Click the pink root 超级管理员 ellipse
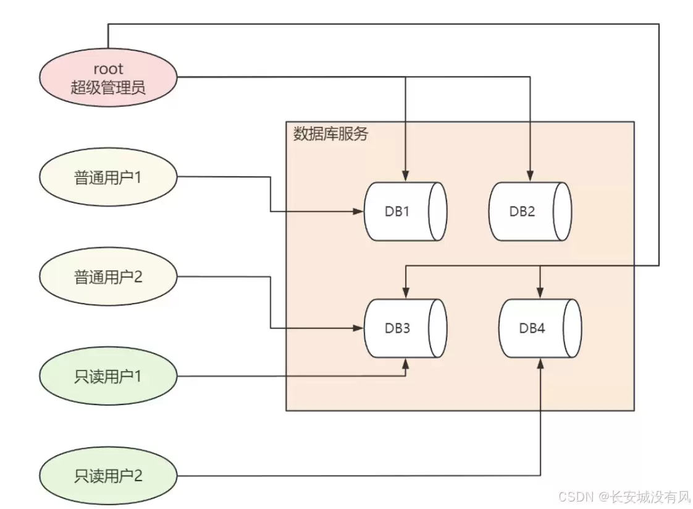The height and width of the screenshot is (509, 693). pyautogui.click(x=108, y=79)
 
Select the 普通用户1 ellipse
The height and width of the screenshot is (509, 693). pyautogui.click(x=108, y=178)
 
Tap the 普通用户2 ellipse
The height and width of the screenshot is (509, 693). pyautogui.click(x=108, y=276)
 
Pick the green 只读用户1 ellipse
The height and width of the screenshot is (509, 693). pyautogui.click(x=108, y=376)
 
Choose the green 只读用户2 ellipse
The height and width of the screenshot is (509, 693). pyautogui.click(x=108, y=476)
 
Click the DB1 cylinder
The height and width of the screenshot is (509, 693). pyautogui.click(x=405, y=212)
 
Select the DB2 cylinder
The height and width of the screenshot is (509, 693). pyautogui.click(x=529, y=212)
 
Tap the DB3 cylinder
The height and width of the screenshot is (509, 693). pyautogui.click(x=405, y=328)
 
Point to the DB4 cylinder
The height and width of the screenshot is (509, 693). pyautogui.click(x=540, y=328)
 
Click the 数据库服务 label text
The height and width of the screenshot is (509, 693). pyautogui.click(x=330, y=134)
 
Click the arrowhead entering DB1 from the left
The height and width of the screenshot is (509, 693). pyautogui.click(x=358, y=212)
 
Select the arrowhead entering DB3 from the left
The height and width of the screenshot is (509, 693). pyautogui.click(x=358, y=328)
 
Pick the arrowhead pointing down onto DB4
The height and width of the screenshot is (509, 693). pyautogui.click(x=540, y=292)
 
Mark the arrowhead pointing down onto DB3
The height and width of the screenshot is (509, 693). pyautogui.click(x=405, y=292)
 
